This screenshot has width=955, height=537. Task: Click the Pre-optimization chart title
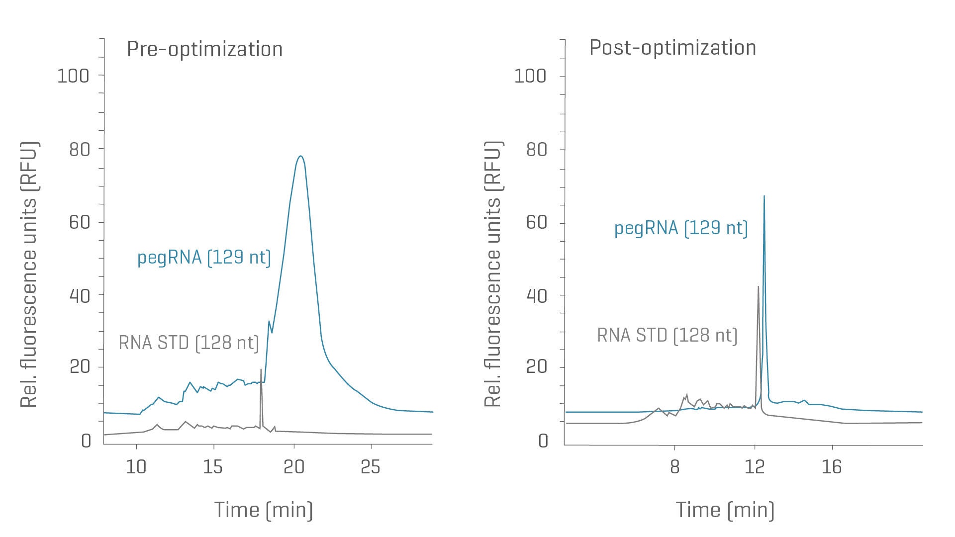click(204, 49)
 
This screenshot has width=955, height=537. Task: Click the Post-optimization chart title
click(672, 48)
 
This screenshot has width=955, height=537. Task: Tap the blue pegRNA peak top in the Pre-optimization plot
click(300, 156)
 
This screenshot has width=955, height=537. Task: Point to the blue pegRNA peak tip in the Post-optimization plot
click(764, 196)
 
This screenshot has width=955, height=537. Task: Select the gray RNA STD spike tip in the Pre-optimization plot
click(261, 369)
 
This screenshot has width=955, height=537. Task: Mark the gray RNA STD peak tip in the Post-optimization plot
click(758, 286)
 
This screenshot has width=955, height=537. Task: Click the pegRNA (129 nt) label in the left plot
click(204, 258)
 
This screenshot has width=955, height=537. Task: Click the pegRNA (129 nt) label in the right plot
click(681, 228)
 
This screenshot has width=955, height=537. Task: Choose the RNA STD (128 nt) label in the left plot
click(189, 343)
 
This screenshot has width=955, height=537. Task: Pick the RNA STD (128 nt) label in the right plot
click(667, 335)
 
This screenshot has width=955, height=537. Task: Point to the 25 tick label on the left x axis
click(371, 467)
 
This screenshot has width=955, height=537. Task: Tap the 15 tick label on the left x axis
click(213, 467)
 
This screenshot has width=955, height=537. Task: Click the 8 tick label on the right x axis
click(674, 467)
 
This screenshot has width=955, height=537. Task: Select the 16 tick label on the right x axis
click(832, 467)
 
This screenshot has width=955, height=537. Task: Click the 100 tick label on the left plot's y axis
click(73, 76)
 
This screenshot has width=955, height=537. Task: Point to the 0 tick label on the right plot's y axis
click(543, 441)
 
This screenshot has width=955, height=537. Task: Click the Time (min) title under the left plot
click(264, 510)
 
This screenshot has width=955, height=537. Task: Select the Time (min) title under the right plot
click(725, 510)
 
